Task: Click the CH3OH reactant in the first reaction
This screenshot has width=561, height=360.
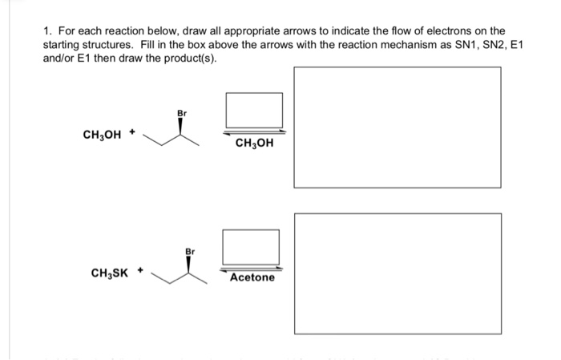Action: (102, 135)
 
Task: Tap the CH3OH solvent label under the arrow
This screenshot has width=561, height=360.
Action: (254, 144)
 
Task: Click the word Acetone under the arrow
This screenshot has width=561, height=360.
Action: (252, 277)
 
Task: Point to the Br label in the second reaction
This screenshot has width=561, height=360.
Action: (189, 251)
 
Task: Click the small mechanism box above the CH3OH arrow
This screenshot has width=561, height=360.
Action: (254, 110)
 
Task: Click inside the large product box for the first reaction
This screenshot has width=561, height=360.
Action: (398, 127)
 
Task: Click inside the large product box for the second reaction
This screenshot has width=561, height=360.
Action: (398, 270)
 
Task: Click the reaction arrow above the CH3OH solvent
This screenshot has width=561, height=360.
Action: (254, 131)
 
